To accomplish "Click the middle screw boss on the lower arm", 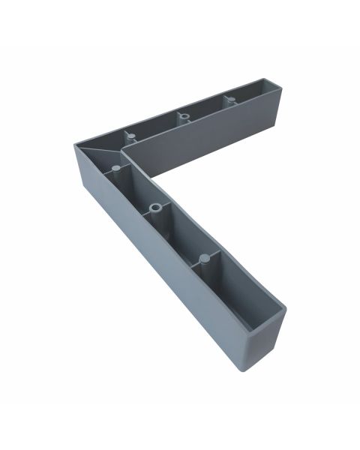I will tap(154, 208).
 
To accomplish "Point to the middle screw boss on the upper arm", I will tap(182, 115).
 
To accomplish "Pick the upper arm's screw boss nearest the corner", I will tap(130, 136).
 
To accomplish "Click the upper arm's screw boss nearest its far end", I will tap(231, 99).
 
